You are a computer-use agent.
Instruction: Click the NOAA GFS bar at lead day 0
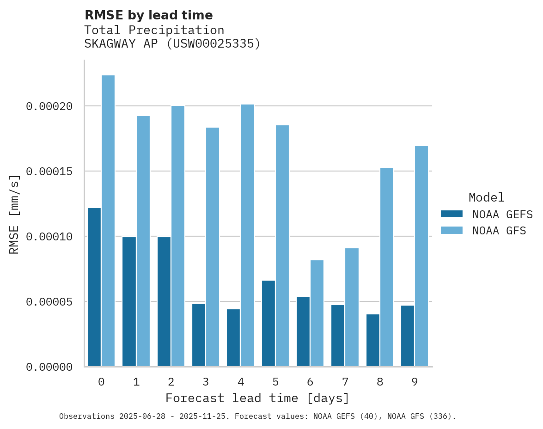click(x=108, y=221)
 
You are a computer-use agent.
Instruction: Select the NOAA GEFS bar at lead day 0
click(x=94, y=287)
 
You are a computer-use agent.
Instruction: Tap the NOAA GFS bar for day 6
click(x=317, y=313)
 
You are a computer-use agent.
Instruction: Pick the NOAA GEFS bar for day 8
click(x=373, y=340)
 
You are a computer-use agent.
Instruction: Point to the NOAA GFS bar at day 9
click(x=421, y=256)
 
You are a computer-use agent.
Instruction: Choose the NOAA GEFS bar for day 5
click(x=268, y=323)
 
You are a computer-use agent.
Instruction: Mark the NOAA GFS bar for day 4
click(x=247, y=235)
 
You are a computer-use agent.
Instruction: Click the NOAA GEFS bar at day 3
click(x=199, y=335)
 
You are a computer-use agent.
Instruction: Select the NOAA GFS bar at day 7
click(x=352, y=307)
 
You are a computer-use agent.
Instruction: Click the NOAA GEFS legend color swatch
click(x=451, y=214)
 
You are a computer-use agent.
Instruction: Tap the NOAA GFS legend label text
click(x=499, y=230)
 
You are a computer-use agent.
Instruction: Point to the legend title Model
click(x=486, y=197)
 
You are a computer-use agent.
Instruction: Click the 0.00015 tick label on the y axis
click(x=49, y=172)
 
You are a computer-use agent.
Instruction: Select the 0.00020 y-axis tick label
click(x=49, y=106)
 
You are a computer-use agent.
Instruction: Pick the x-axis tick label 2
click(x=171, y=382)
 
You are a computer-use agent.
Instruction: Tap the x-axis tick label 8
click(x=380, y=382)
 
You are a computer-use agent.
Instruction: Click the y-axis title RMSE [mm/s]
click(x=14, y=214)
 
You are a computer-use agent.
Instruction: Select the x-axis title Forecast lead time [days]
click(x=257, y=398)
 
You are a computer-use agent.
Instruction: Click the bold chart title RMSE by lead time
click(x=149, y=15)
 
